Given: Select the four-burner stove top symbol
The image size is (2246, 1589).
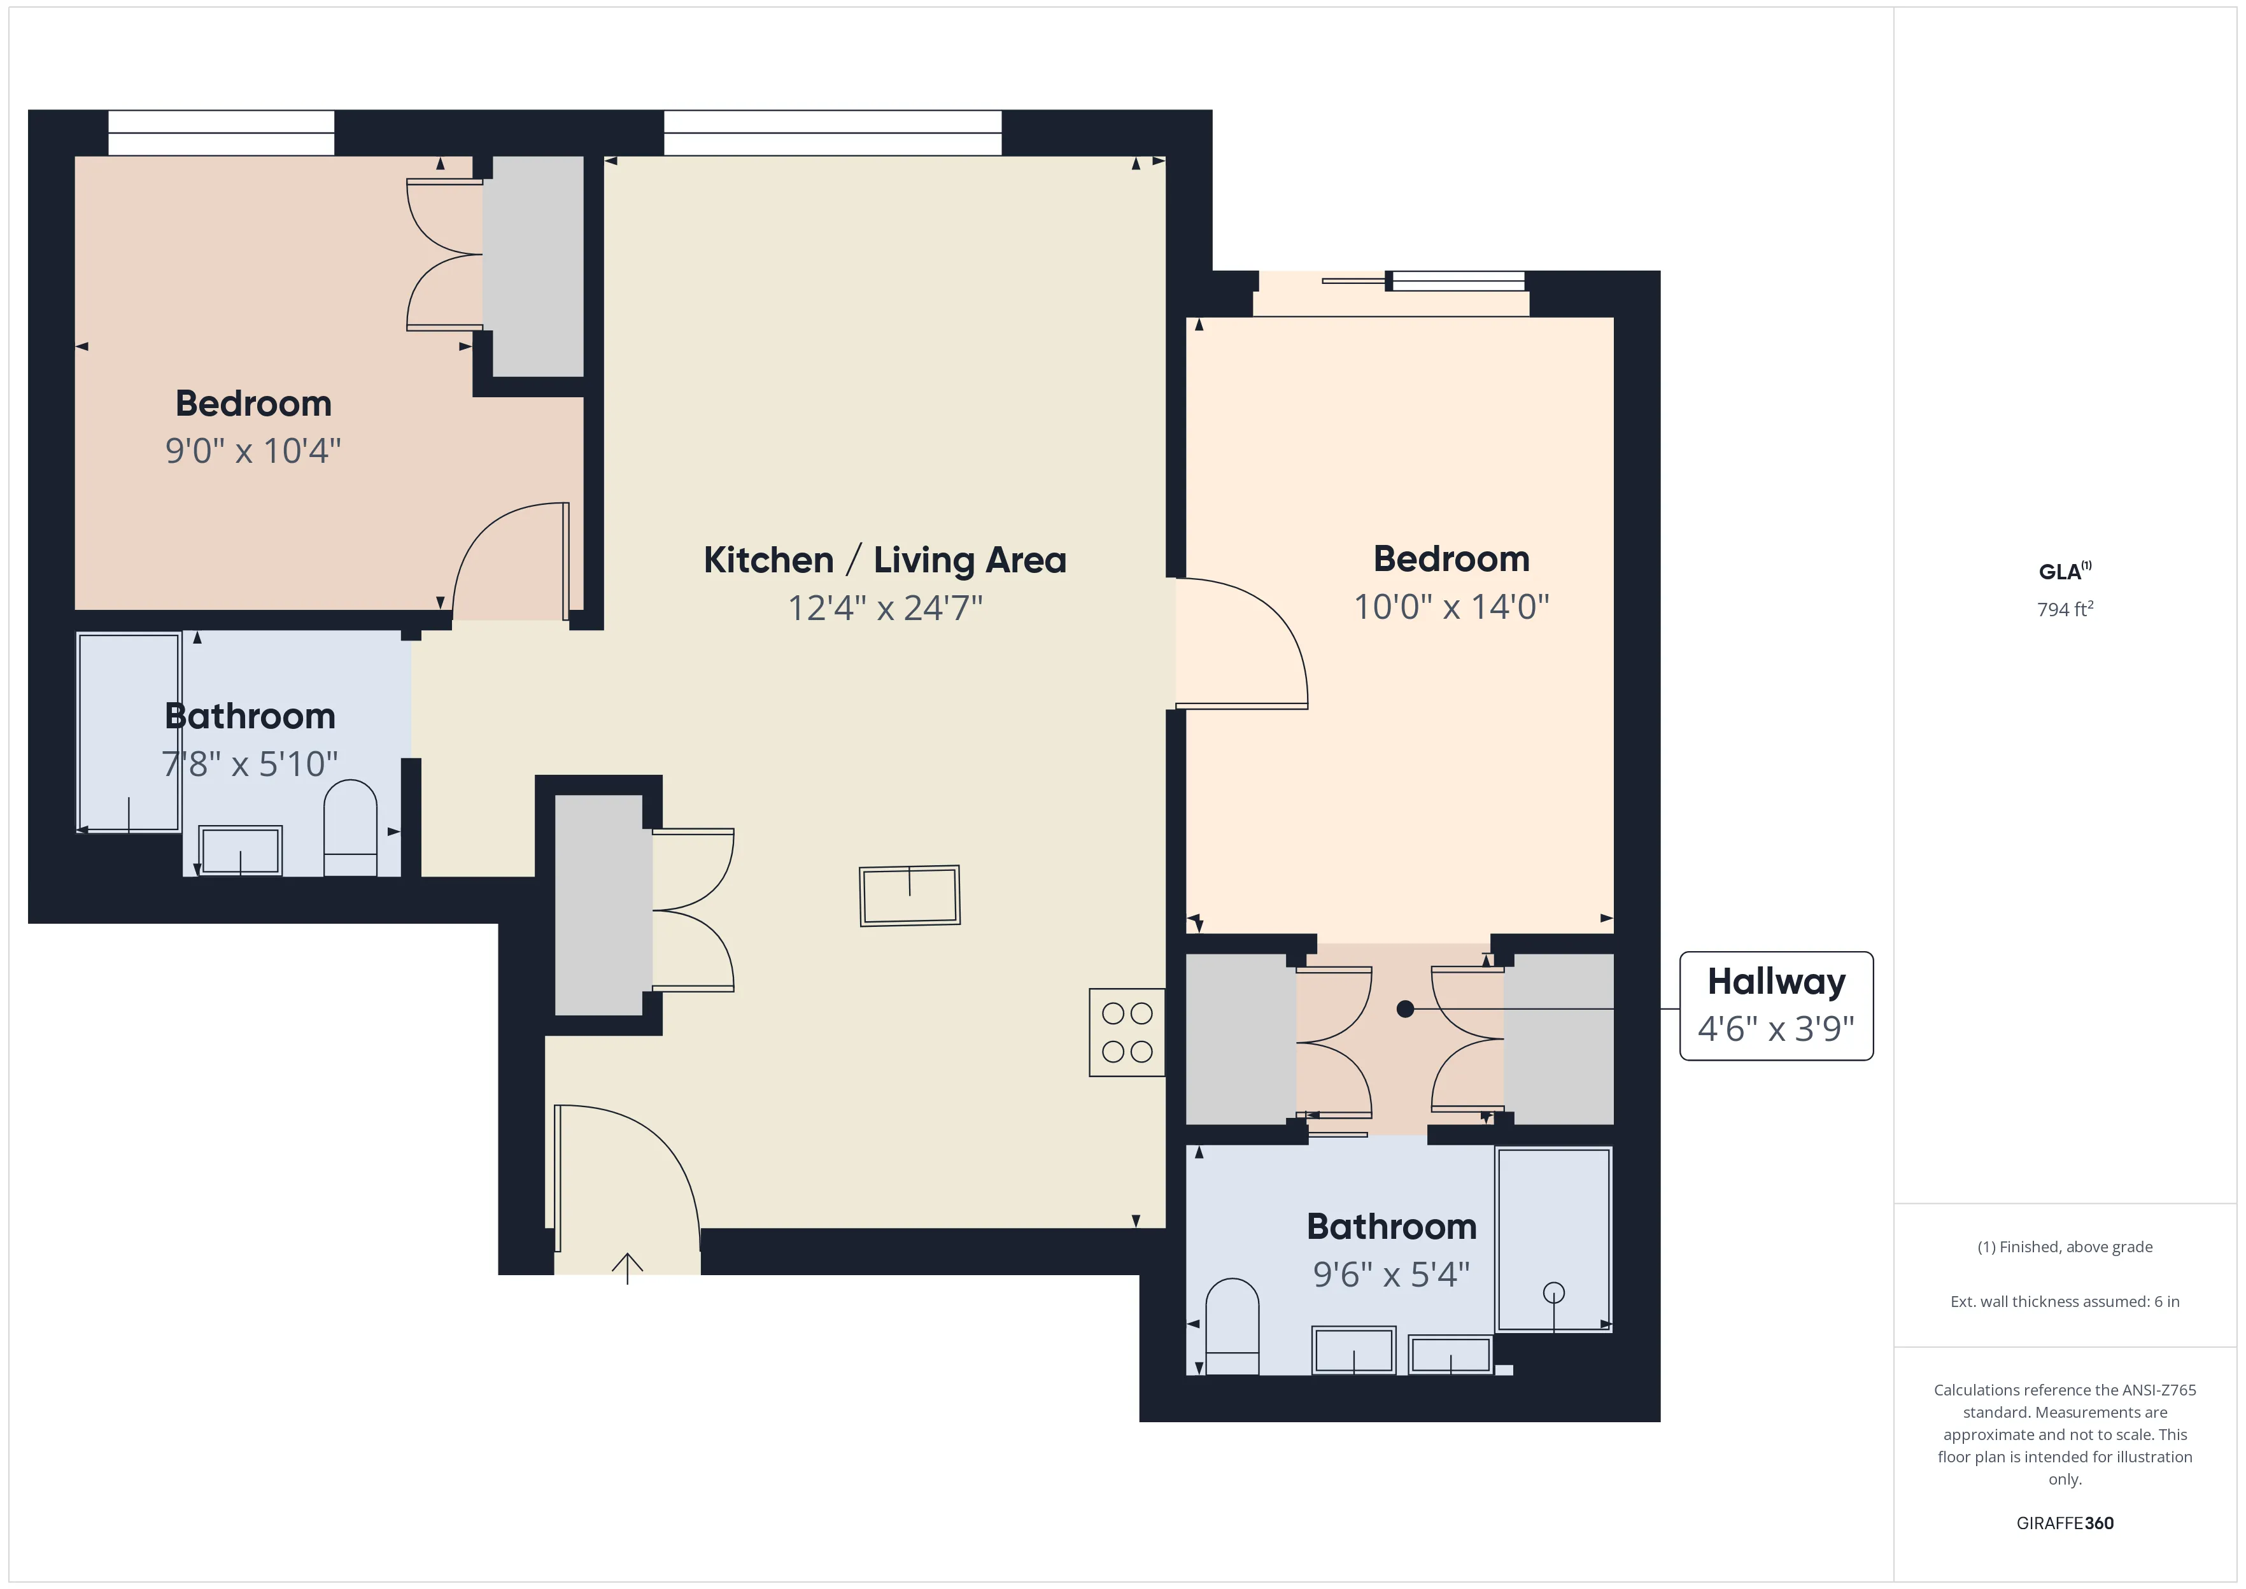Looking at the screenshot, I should [1126, 1032].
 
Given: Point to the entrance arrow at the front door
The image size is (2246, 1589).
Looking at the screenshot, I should [627, 1267].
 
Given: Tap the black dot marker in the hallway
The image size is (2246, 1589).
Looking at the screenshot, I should [1405, 1009].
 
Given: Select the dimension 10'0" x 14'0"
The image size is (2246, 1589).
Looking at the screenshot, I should [1451, 607].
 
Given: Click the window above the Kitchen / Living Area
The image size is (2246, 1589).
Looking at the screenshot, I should [833, 133].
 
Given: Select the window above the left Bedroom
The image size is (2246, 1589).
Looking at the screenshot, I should [221, 133].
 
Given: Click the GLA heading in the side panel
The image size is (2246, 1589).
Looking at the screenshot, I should [2062, 572].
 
